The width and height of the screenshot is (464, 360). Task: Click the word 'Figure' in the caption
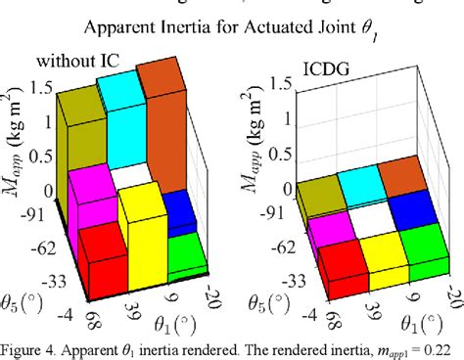[23, 349]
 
